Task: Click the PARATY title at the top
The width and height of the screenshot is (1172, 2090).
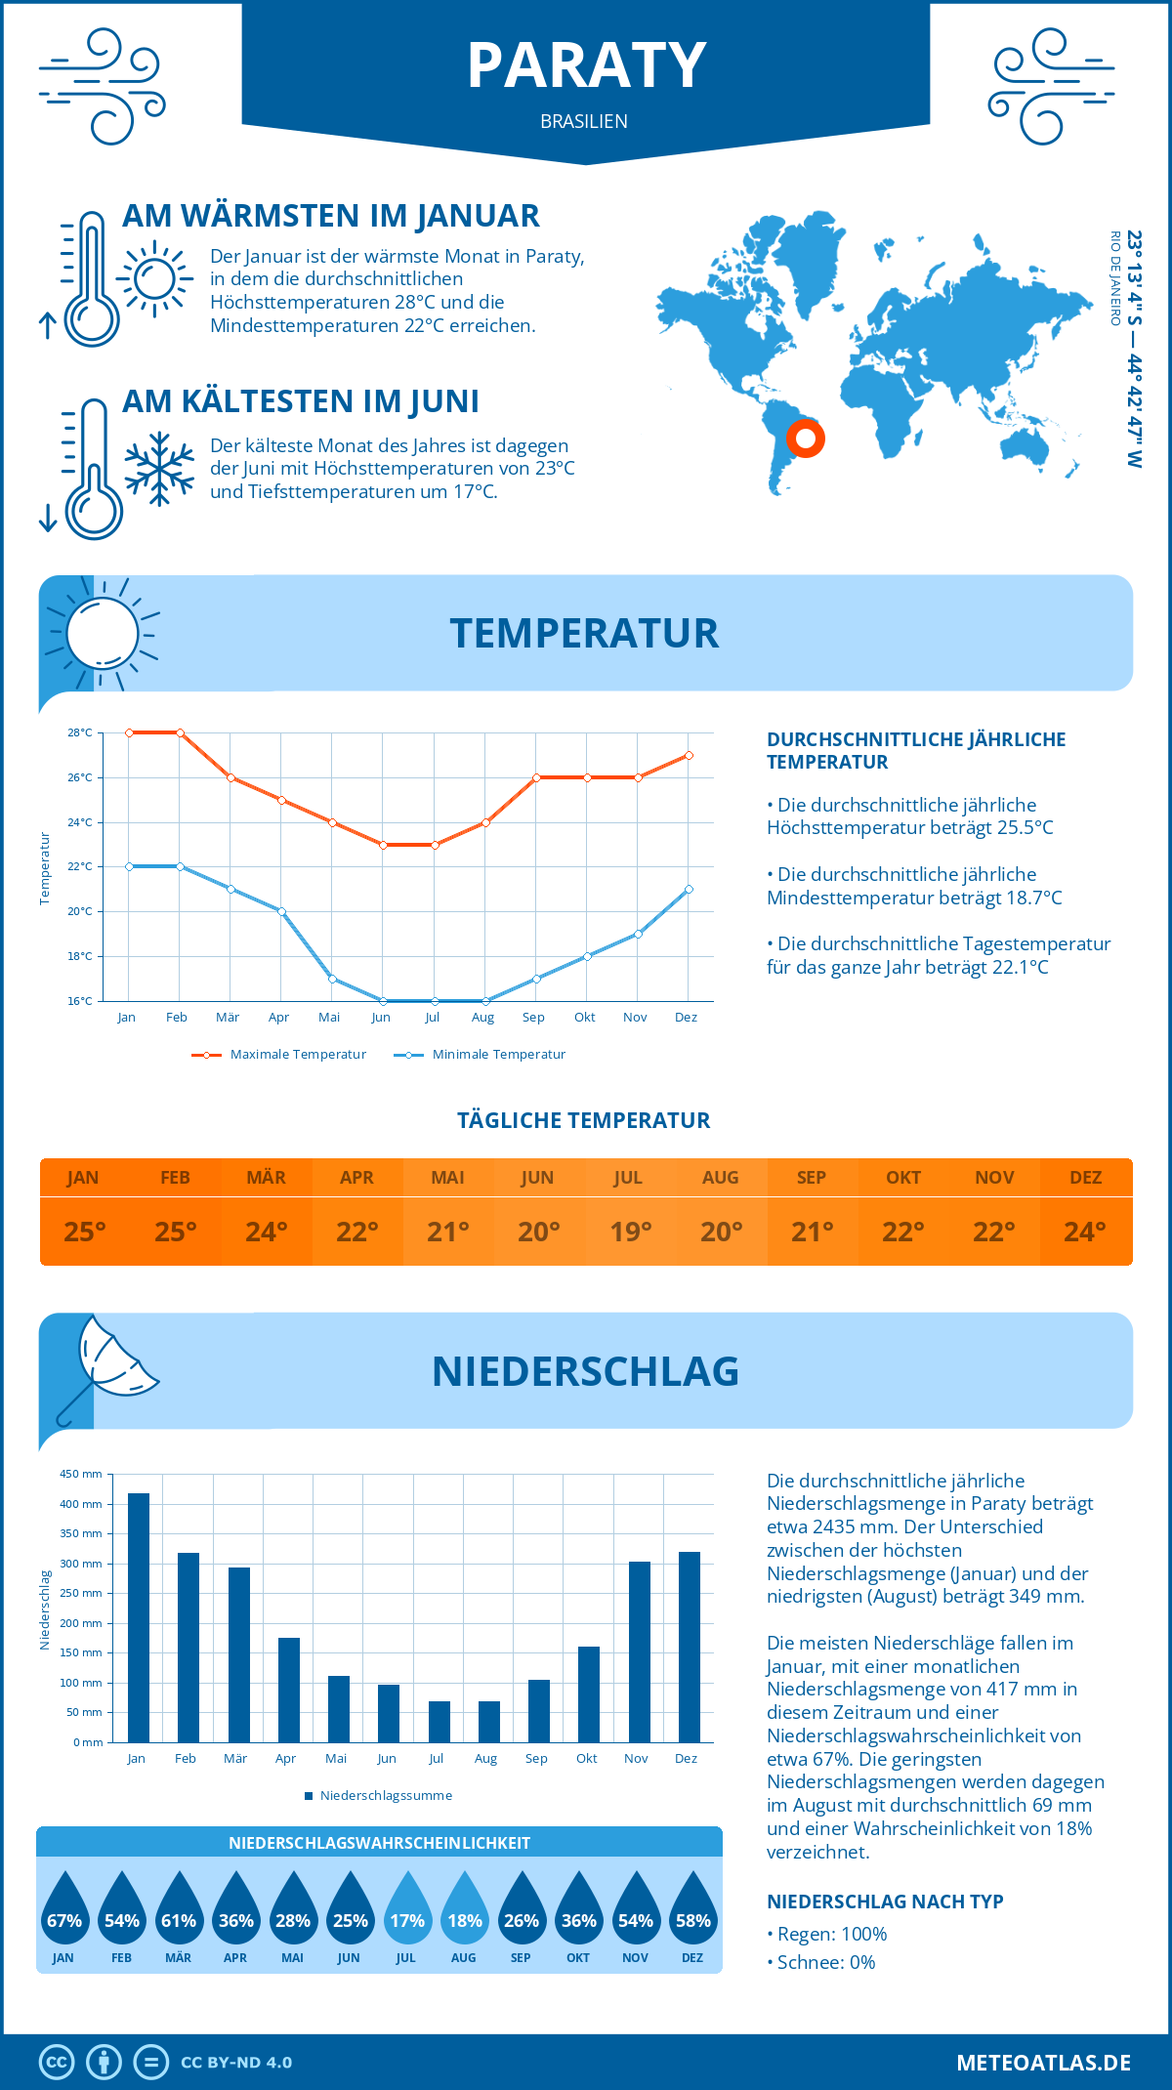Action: click(586, 66)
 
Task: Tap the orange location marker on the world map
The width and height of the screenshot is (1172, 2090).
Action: click(806, 439)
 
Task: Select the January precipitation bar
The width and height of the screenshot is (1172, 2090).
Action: click(139, 1617)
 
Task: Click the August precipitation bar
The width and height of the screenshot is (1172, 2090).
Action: click(488, 1721)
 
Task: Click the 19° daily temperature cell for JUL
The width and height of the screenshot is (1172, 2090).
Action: click(630, 1232)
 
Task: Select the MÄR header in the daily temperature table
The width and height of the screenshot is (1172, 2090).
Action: click(266, 1177)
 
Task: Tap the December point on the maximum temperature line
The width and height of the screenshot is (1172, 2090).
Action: click(689, 755)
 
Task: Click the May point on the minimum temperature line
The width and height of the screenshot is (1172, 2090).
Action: click(332, 979)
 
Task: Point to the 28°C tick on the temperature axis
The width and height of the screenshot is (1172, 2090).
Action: click(80, 732)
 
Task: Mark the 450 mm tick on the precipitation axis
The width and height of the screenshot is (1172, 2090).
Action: click(82, 1474)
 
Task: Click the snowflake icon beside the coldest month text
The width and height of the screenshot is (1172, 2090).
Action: click(159, 468)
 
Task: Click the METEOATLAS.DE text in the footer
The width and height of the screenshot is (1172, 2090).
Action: click(1043, 2063)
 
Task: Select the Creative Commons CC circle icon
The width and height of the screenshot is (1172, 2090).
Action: click(57, 2062)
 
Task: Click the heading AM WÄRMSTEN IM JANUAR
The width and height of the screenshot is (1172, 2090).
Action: click(331, 216)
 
